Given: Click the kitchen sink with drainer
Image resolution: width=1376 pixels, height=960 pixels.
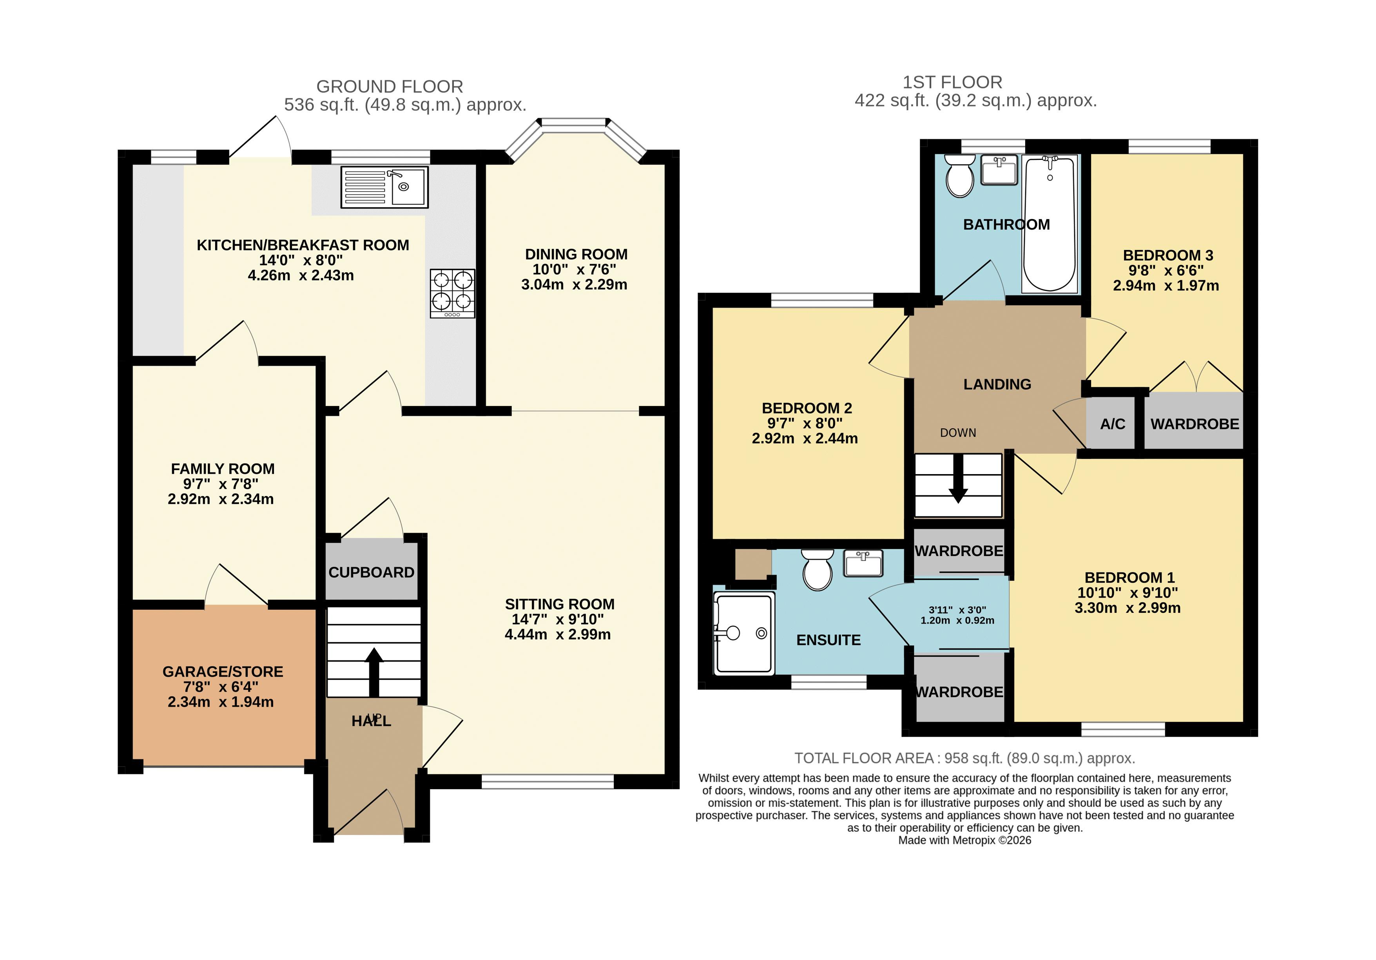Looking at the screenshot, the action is pyautogui.click(x=384, y=187).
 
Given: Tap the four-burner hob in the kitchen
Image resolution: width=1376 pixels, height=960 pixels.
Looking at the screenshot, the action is pyautogui.click(x=453, y=293).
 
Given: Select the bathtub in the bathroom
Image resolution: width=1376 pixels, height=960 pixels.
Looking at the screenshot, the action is pyautogui.click(x=1050, y=223).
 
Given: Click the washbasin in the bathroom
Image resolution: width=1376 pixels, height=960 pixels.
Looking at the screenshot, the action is pyautogui.click(x=999, y=170).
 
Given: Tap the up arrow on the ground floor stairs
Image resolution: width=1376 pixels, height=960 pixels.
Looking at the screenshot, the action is pyautogui.click(x=374, y=672).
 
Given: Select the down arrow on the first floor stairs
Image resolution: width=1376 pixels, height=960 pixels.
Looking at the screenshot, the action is pyautogui.click(x=958, y=479).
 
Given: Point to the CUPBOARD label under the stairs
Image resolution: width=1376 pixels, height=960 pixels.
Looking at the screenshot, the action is pyautogui.click(x=372, y=572).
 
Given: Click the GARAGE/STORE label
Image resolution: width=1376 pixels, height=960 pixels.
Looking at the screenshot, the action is pyautogui.click(x=223, y=672).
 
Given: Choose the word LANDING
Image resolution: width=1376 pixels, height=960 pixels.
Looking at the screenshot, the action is pyautogui.click(x=997, y=384).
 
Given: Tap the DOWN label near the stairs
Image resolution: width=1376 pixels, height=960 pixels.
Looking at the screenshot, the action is pyautogui.click(x=958, y=433).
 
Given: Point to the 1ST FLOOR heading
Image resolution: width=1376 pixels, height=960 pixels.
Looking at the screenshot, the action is pyautogui.click(x=952, y=82).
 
